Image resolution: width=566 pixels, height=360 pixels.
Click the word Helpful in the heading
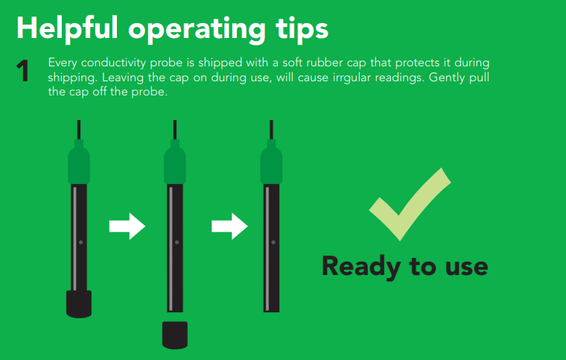pyautogui.click(x=67, y=28)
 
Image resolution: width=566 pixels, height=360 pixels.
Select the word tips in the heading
pyautogui.click(x=302, y=31)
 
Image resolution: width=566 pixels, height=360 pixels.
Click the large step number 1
pyautogui.click(x=22, y=71)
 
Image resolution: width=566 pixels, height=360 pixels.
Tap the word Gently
pyautogui.click(x=446, y=78)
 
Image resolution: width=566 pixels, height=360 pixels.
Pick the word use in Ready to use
pyautogui.click(x=466, y=268)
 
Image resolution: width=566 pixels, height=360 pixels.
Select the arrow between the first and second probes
pyautogui.click(x=127, y=227)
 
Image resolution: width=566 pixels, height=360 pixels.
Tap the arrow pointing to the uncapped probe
pyautogui.click(x=229, y=227)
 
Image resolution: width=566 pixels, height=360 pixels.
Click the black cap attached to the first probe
pyautogui.click(x=79, y=304)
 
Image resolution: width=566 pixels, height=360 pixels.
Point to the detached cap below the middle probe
pyautogui.click(x=175, y=335)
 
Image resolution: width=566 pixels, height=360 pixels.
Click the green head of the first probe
pyautogui.click(x=79, y=162)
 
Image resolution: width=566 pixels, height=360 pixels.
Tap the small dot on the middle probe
pyautogui.click(x=177, y=242)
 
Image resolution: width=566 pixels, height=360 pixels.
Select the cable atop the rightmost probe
pyautogui.click(x=271, y=130)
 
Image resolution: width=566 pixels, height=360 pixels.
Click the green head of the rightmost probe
pyautogui.click(x=271, y=162)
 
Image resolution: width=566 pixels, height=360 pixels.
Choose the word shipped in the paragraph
pyautogui.click(x=220, y=63)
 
